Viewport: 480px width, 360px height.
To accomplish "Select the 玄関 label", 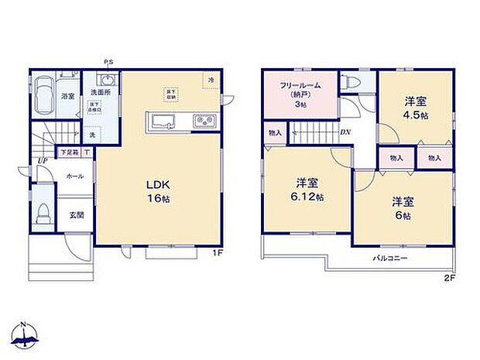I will (x=77, y=215).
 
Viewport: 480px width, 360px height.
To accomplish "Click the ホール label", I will (x=74, y=175).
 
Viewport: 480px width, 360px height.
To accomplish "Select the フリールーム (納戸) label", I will (x=300, y=93).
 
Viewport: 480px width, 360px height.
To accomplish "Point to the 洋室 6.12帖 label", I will (x=308, y=189).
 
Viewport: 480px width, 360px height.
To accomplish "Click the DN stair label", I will (x=345, y=131).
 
